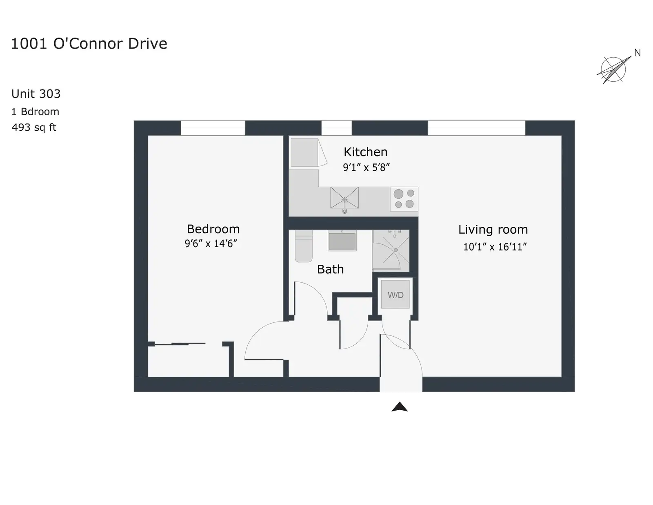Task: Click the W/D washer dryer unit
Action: (x=395, y=294)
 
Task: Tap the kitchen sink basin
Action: (x=344, y=198)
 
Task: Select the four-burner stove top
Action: (x=404, y=199)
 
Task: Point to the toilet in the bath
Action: (x=304, y=246)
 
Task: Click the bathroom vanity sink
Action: (x=342, y=241)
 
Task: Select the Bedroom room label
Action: (x=213, y=229)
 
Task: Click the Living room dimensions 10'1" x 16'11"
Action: (x=495, y=247)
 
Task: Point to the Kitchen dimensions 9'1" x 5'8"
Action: (x=366, y=167)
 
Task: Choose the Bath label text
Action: (x=330, y=269)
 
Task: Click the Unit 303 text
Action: (x=36, y=94)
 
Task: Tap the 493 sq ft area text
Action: (x=34, y=127)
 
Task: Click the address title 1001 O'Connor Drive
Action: (x=89, y=44)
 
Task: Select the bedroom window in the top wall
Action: (x=213, y=128)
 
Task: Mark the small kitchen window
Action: (x=337, y=128)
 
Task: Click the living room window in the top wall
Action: (x=476, y=128)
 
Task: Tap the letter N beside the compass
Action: (x=637, y=53)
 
